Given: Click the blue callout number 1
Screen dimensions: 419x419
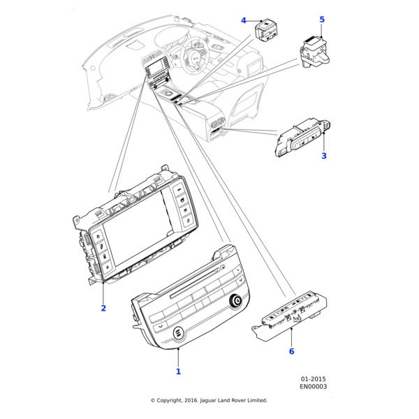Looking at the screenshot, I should pyautogui.click(x=178, y=372).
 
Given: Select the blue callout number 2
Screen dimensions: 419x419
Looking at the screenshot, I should pyautogui.click(x=103, y=308).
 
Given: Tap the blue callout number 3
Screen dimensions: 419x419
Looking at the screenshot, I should pyautogui.click(x=324, y=156).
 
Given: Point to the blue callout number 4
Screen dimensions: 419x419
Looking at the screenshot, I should pyautogui.click(x=244, y=20).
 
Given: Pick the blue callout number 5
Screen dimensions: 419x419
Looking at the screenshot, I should pyautogui.click(x=322, y=20).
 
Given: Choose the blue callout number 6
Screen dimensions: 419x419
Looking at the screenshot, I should pyautogui.click(x=291, y=351).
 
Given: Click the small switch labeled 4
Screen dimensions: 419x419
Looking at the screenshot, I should pyautogui.click(x=267, y=31).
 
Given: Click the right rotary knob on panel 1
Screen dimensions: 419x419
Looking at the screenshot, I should pyautogui.click(x=235, y=301).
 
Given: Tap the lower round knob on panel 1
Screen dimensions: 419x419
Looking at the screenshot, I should pyautogui.click(x=175, y=332).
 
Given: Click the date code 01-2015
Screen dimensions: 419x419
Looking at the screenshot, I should pyautogui.click(x=313, y=378).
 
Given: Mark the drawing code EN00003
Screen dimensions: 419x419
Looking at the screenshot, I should pyautogui.click(x=313, y=386).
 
